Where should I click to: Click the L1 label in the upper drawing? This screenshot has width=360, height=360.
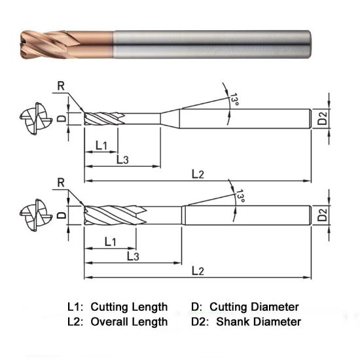click(101, 145)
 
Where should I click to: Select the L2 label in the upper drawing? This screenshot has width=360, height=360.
click(198, 173)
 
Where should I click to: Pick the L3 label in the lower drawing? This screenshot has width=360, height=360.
click(132, 257)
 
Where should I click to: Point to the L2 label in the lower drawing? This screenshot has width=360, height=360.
click(198, 270)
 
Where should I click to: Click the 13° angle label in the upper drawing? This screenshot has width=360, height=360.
click(234, 99)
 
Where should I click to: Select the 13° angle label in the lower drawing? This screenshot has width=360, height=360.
click(240, 197)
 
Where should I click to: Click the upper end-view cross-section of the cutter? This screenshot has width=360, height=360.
click(32, 119)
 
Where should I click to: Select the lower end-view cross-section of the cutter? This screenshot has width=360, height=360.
click(32, 216)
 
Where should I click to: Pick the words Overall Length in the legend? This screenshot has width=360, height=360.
click(129, 322)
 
